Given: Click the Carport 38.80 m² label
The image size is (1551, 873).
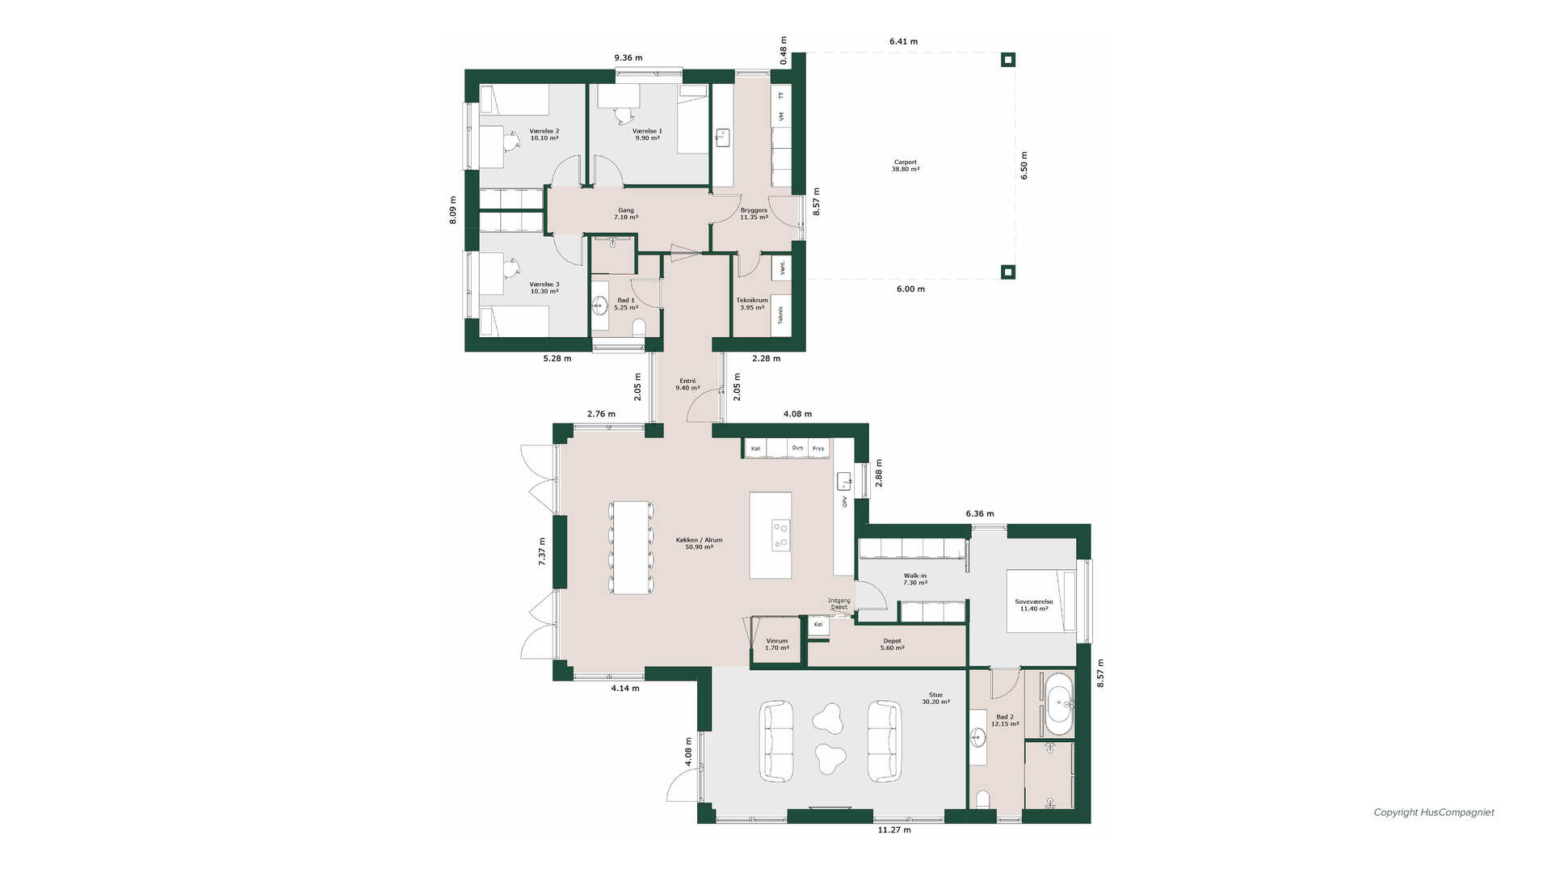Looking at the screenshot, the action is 905,166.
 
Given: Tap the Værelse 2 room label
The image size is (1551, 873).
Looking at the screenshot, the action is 544,134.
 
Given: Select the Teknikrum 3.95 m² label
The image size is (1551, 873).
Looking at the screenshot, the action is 751,304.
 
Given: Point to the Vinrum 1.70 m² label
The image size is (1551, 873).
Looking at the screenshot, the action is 776,644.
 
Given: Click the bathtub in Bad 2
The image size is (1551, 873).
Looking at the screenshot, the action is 1059,704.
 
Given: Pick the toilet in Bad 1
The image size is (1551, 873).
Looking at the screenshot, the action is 639,327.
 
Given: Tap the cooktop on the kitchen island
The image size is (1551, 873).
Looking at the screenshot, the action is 780,535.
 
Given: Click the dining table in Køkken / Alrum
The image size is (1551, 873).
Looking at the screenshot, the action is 631,548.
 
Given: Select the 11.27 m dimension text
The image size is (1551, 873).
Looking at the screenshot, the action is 894,829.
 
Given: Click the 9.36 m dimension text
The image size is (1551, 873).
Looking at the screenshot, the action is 628,57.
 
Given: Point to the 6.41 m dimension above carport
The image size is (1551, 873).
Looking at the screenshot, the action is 903,41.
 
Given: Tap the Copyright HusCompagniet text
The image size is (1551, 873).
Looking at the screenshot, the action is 1434,812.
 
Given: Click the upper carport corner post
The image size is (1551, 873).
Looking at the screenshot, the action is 1007,59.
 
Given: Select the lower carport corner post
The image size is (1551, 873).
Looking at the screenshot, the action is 1007,272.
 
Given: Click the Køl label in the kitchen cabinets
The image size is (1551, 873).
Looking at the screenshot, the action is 755,449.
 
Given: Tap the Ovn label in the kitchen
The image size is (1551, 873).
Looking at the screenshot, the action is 797,448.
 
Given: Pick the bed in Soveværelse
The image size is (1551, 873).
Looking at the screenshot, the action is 1040,601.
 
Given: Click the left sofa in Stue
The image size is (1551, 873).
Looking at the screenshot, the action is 777,740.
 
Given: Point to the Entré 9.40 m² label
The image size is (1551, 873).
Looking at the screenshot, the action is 687,384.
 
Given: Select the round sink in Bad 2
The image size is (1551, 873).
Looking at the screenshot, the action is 978,737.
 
